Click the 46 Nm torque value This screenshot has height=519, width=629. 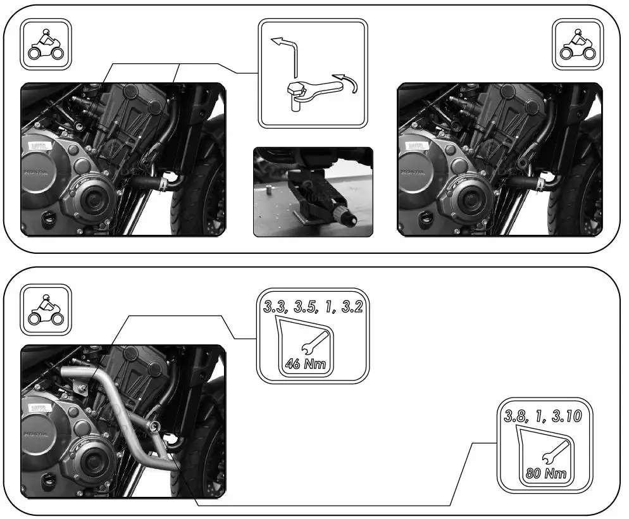coord(301,364)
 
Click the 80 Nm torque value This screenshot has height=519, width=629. coord(545,473)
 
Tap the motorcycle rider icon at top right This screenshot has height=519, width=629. coord(578,44)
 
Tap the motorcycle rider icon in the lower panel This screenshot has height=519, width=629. coord(46,308)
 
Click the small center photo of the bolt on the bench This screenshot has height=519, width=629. coord(313,192)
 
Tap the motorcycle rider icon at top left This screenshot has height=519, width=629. coord(46,44)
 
